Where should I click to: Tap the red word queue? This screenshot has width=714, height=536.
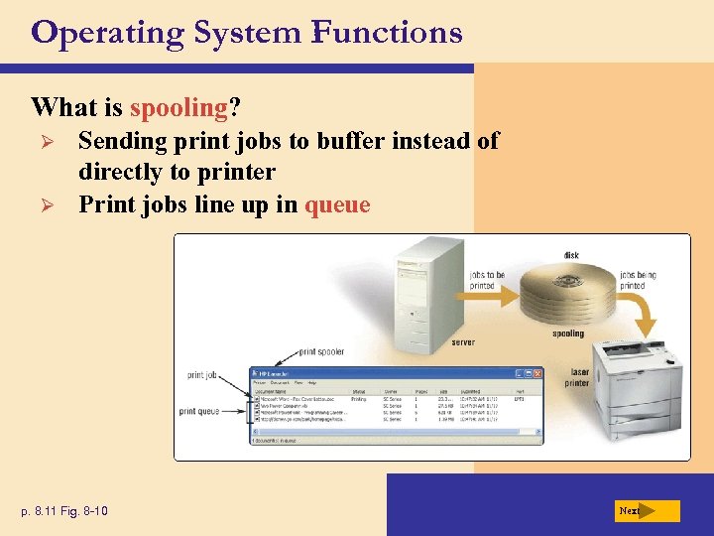point(337,205)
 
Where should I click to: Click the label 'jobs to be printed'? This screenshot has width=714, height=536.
point(487,280)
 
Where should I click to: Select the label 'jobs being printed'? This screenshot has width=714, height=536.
point(639,280)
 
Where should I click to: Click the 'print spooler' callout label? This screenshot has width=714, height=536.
point(321,351)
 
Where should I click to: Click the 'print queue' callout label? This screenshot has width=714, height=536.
point(199,410)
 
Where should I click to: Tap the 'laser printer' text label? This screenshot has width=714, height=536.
point(577,378)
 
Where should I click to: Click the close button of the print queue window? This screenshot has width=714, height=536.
point(537,373)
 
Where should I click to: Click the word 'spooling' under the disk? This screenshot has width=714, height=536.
point(568,335)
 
